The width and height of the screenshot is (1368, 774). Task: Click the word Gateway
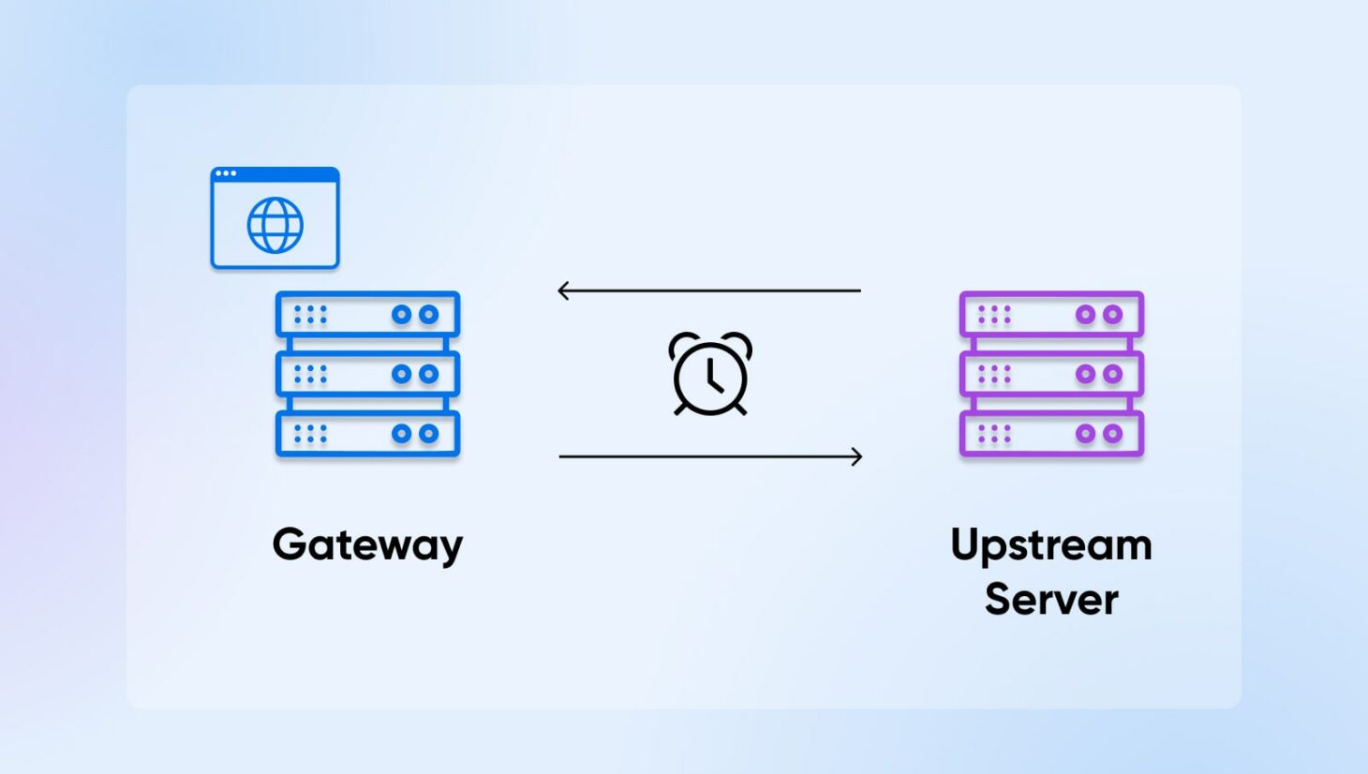click(x=367, y=544)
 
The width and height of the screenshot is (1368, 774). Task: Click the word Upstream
click(x=1050, y=545)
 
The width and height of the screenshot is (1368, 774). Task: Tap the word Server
click(x=1050, y=600)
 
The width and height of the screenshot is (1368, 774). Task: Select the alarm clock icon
click(x=710, y=374)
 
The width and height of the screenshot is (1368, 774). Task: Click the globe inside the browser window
click(x=275, y=225)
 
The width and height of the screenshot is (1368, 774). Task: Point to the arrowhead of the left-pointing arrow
click(x=563, y=290)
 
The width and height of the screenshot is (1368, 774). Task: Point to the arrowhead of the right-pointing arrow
click(x=856, y=456)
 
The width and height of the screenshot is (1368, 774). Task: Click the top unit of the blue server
click(x=367, y=315)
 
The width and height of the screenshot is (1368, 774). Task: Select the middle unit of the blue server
click(x=367, y=374)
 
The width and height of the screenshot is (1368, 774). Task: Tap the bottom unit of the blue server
click(x=367, y=434)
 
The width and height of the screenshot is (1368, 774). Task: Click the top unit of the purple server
click(x=1051, y=315)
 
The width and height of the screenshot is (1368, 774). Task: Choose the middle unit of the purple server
click(x=1051, y=374)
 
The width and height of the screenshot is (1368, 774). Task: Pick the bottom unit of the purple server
click(x=1051, y=434)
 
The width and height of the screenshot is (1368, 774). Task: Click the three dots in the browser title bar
click(x=226, y=173)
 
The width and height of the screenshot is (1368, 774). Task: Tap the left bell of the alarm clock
click(x=681, y=344)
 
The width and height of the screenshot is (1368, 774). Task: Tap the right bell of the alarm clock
click(x=739, y=344)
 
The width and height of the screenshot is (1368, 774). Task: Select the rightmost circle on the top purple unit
click(x=1112, y=315)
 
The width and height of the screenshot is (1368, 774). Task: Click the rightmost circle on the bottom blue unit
click(x=428, y=434)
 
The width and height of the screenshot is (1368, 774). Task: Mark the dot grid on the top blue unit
click(x=310, y=315)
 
